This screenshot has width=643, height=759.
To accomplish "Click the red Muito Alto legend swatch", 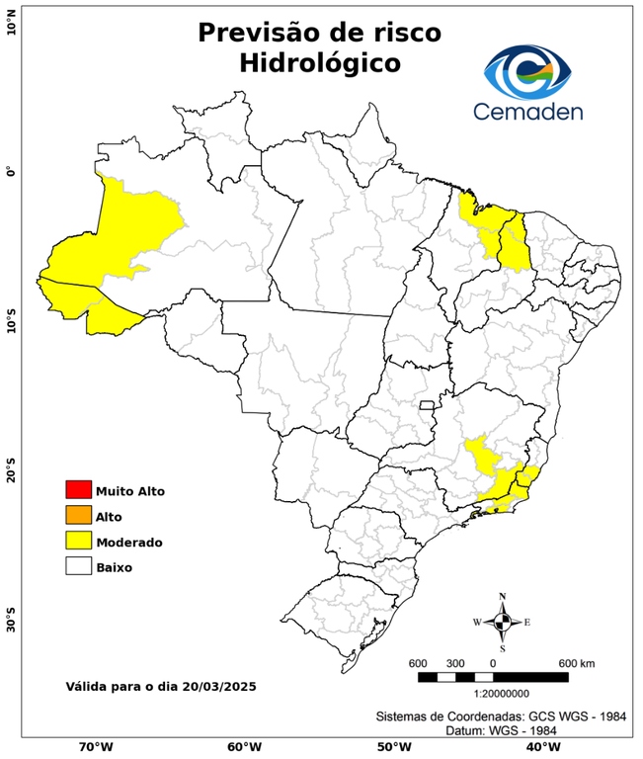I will [x=78, y=489].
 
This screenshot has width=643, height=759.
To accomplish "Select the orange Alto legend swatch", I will [x=78, y=515].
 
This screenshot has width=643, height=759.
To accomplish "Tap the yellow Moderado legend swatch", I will [x=78, y=541].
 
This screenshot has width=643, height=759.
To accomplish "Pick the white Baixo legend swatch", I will [x=78, y=566].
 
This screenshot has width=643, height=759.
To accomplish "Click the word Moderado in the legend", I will [x=129, y=542].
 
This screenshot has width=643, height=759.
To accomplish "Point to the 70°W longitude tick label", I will [x=95, y=747].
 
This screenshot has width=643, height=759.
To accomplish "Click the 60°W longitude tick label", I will [x=244, y=747].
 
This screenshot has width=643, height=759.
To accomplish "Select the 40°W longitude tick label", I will [x=540, y=747].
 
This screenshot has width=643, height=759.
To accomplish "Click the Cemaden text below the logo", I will [x=527, y=111].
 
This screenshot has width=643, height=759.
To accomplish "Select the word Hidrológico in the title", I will [x=319, y=63].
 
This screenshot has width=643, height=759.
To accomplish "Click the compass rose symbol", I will [x=502, y=622].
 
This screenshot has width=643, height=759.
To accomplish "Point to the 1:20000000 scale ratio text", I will [x=494, y=694].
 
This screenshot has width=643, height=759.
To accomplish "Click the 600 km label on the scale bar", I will [x=575, y=662].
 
